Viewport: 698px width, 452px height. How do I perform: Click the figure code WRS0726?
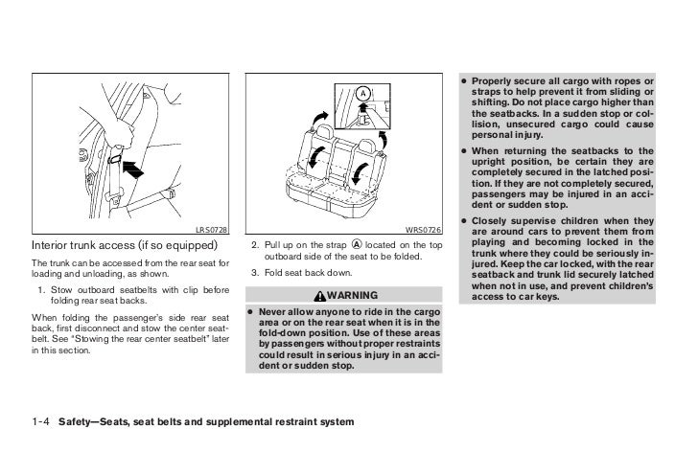(423, 229)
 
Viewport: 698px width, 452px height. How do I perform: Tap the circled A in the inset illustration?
(364, 93)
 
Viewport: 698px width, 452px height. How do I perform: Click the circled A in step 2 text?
(357, 244)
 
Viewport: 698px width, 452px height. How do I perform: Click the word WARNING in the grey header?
(352, 293)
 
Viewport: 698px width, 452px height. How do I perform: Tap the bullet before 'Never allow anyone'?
(250, 311)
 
